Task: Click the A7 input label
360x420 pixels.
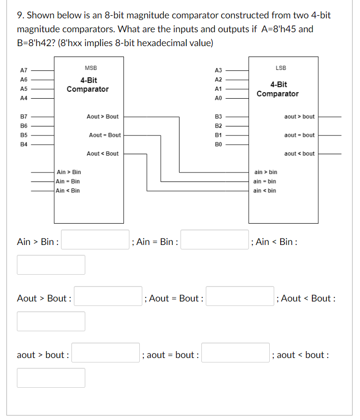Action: pos(23,70)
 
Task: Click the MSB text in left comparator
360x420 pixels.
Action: pos(91,68)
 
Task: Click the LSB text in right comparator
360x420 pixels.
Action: pos(281,67)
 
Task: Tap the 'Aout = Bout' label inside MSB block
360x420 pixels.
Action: pos(105,135)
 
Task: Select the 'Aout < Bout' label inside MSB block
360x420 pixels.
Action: pos(103,154)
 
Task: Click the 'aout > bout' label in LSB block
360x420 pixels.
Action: pos(300,117)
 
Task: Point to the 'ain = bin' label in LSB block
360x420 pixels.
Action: pos(265,181)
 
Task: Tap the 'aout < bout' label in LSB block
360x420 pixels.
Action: pos(300,154)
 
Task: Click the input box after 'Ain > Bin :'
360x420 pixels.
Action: pos(95,240)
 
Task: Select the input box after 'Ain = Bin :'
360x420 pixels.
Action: pos(214,240)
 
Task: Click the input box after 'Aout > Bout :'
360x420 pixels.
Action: pos(108,296)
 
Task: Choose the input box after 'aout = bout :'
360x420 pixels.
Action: pos(236,353)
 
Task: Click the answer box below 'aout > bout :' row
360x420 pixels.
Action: pos(51,378)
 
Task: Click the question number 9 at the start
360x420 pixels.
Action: pos(20,15)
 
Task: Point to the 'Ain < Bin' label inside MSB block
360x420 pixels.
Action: pos(68,190)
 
